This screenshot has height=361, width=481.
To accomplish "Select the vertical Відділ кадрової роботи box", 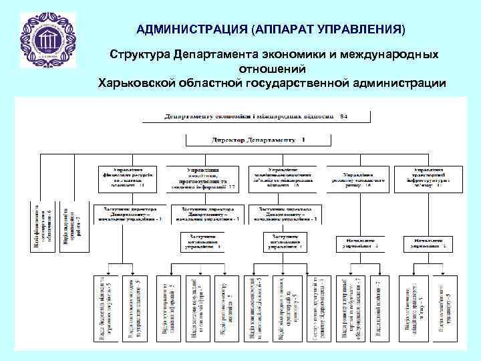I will (72, 226).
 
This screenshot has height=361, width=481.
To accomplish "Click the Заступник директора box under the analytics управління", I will (208, 214).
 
